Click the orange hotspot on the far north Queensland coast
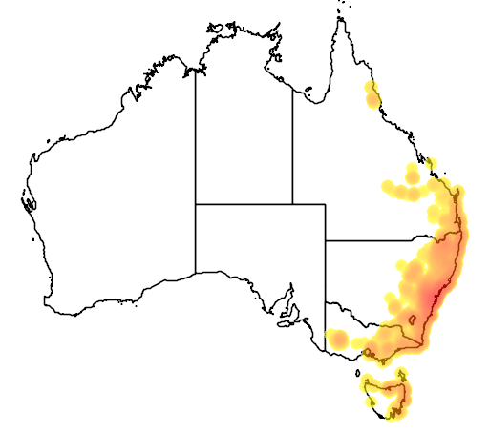(372, 97)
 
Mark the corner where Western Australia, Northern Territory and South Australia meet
(196, 204)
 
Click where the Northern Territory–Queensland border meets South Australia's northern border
(292, 204)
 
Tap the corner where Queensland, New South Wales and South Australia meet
(326, 240)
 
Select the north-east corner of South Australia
(326, 204)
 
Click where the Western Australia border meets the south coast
(196, 273)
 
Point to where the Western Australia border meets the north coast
(196, 69)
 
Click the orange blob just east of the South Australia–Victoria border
(336, 338)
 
